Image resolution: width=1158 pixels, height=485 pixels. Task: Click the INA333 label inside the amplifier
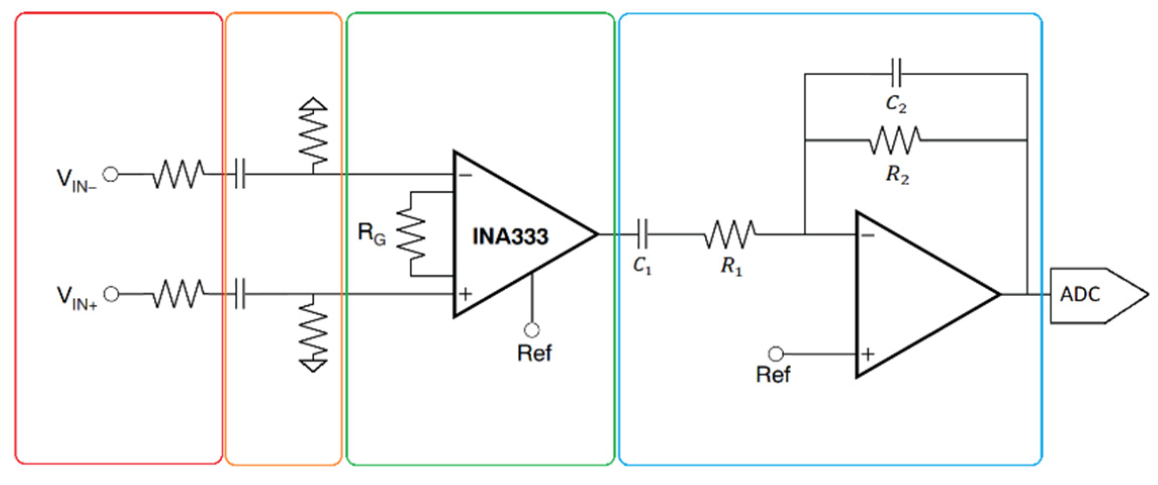click(510, 237)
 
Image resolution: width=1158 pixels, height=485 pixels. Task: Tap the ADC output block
click(1091, 295)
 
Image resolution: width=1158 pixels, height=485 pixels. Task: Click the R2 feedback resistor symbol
click(895, 140)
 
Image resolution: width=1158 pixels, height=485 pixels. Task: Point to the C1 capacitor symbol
click(642, 234)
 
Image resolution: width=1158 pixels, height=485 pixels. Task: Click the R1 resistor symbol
click(730, 234)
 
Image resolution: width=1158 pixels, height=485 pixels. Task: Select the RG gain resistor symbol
click(411, 234)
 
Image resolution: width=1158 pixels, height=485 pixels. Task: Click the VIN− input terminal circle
click(111, 175)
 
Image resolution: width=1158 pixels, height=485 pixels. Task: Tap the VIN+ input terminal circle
click(111, 294)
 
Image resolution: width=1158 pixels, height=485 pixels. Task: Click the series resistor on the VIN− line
click(179, 175)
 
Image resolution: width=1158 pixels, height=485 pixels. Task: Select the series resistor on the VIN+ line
click(179, 294)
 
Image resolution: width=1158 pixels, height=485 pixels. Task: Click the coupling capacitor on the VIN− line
click(240, 175)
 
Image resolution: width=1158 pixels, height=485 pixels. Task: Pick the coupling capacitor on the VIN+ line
click(240, 294)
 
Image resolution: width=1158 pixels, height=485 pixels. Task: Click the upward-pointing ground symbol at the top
click(313, 104)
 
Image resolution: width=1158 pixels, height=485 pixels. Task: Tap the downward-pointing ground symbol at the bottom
click(313, 365)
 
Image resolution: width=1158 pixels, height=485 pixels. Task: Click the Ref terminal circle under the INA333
click(532, 330)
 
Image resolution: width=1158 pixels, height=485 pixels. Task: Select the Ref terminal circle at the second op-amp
click(776, 354)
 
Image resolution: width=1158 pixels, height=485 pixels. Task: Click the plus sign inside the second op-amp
click(867, 354)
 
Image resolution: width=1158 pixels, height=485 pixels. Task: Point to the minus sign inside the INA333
click(465, 175)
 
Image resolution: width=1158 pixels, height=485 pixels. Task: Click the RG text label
click(371, 234)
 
